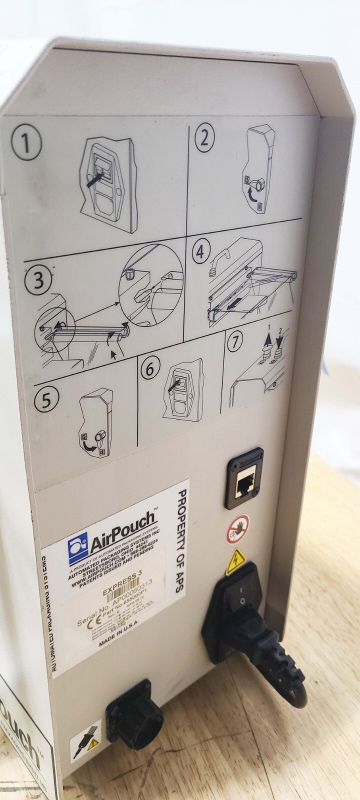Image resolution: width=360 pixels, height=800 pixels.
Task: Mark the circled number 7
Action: (x=235, y=341)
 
